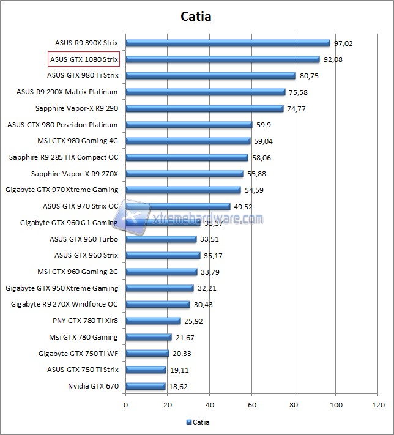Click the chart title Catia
196,17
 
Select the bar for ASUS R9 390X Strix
228,43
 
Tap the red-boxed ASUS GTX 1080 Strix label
83,59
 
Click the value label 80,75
310,76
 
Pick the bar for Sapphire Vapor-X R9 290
204,108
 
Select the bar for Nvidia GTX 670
146,386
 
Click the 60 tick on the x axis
252,404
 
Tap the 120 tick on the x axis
378,404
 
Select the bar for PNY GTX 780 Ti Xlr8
153,321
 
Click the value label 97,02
344,43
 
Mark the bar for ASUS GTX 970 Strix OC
178,206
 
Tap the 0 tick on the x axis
126,404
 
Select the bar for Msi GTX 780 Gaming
149,337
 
